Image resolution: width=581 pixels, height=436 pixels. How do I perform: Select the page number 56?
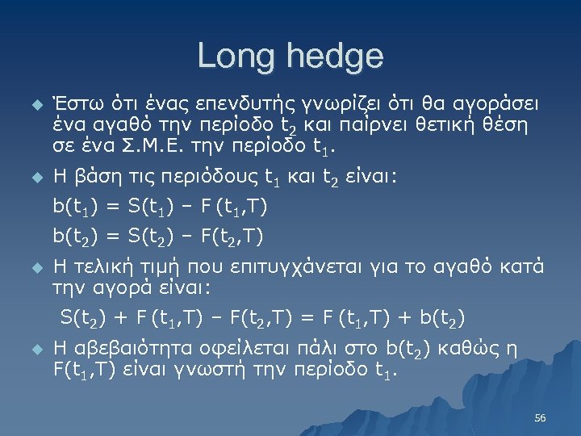[x=541, y=418]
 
